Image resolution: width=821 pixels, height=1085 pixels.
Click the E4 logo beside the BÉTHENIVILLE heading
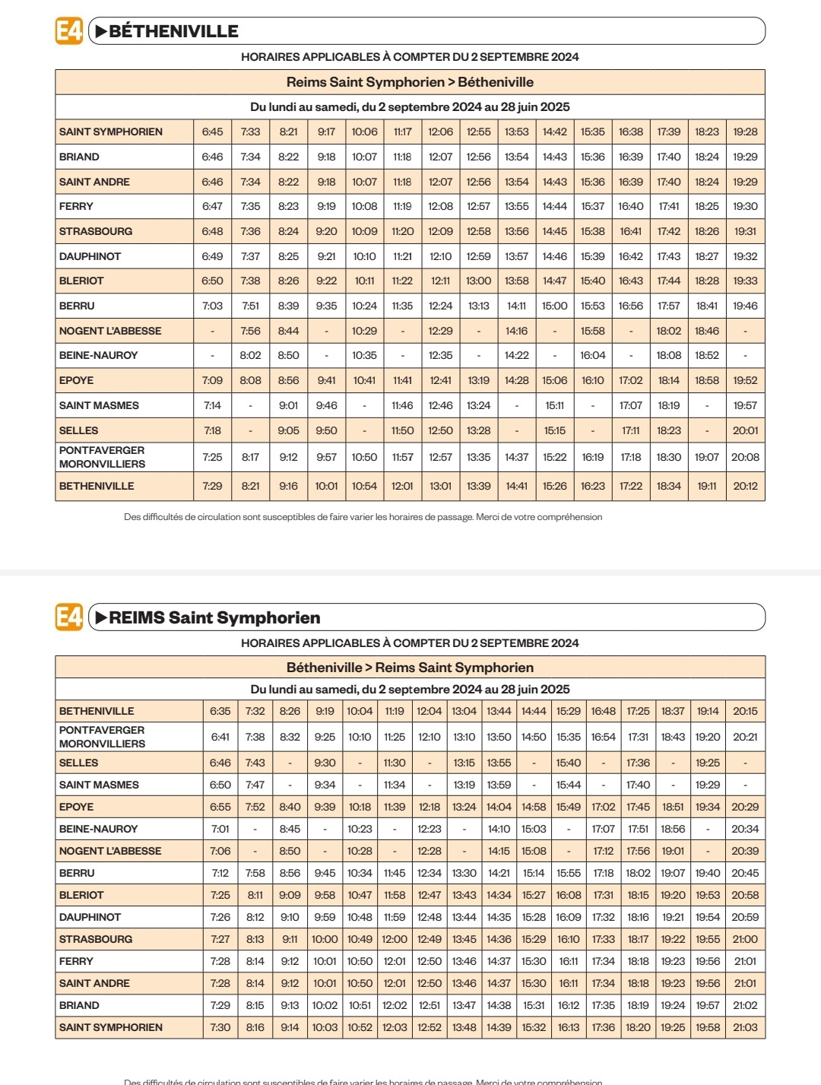[68, 31]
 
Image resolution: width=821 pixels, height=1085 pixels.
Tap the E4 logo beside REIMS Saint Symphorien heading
[68, 617]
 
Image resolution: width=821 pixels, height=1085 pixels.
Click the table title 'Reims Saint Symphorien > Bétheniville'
[410, 82]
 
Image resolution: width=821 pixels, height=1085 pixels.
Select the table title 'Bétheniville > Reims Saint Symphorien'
[410, 668]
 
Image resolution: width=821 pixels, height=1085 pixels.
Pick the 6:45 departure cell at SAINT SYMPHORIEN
[212, 132]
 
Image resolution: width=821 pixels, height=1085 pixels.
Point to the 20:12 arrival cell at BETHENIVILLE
[745, 486]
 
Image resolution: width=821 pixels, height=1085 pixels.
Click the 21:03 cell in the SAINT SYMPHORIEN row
[745, 1027]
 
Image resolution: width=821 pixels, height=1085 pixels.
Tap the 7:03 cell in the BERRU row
[212, 306]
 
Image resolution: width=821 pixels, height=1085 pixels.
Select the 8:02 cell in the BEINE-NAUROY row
[250, 355]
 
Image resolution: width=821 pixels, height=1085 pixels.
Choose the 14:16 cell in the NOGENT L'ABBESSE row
[516, 331]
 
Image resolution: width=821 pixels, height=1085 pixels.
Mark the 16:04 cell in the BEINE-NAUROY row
[592, 355]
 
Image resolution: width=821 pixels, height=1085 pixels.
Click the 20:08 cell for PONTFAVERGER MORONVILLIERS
[745, 457]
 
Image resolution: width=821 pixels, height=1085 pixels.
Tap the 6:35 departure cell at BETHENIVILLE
[220, 711]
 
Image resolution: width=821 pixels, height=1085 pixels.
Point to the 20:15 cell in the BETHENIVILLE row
[745, 711]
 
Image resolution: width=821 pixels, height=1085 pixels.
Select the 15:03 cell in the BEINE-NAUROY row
[534, 829]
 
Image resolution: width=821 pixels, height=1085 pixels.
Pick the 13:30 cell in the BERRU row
[464, 873]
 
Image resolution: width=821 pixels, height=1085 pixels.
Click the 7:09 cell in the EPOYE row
[212, 380]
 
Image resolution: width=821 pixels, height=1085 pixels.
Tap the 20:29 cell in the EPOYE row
[745, 807]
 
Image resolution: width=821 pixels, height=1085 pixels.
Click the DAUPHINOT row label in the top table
[90, 256]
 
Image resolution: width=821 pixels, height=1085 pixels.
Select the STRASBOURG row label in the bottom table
[96, 939]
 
